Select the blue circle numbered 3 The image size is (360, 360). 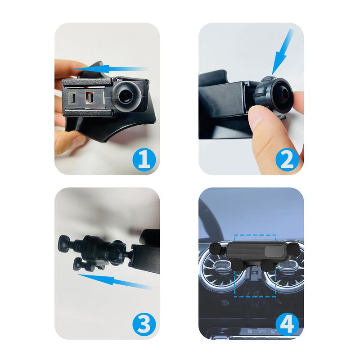coord(143,322)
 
